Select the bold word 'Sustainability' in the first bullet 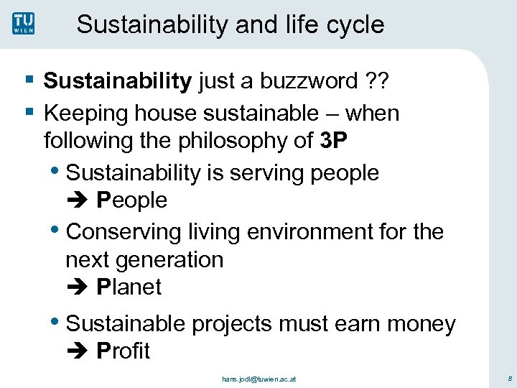(x=117, y=81)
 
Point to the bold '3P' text (x=334, y=140)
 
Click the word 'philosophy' (x=232, y=140)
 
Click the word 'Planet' (x=129, y=287)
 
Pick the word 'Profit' (x=123, y=351)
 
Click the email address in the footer (x=258, y=377)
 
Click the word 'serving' (x=274, y=173)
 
